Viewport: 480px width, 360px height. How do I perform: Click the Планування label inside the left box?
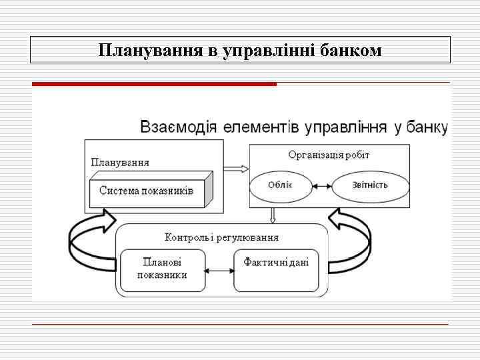(x=120, y=162)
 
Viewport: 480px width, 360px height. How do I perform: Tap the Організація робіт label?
(x=329, y=155)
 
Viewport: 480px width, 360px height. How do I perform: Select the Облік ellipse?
(x=280, y=185)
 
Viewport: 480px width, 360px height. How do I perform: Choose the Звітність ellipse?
(x=371, y=185)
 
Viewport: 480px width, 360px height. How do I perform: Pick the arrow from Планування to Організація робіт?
(x=235, y=169)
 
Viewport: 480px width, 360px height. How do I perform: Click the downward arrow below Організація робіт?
(x=272, y=215)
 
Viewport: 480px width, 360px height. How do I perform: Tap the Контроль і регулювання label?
(x=221, y=237)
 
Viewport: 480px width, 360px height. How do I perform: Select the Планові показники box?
(x=162, y=269)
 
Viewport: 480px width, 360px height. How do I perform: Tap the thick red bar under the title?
(x=154, y=84)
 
